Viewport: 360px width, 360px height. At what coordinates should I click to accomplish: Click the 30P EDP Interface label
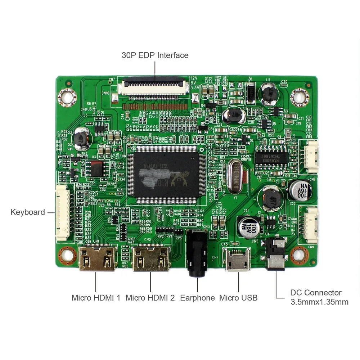coord(155,55)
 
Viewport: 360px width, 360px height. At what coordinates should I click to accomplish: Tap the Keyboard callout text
coord(28,212)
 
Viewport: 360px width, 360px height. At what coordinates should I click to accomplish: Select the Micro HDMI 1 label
coord(96,298)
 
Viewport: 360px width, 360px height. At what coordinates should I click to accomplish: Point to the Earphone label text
coord(197,298)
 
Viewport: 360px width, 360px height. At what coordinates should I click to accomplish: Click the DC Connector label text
coord(316,293)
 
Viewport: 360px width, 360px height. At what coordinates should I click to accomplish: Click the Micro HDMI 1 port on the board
coord(96,258)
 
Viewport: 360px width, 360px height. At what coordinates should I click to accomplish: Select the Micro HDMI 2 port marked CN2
coord(151,259)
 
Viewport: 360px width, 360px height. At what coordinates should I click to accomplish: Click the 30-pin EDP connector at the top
coord(155,87)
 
